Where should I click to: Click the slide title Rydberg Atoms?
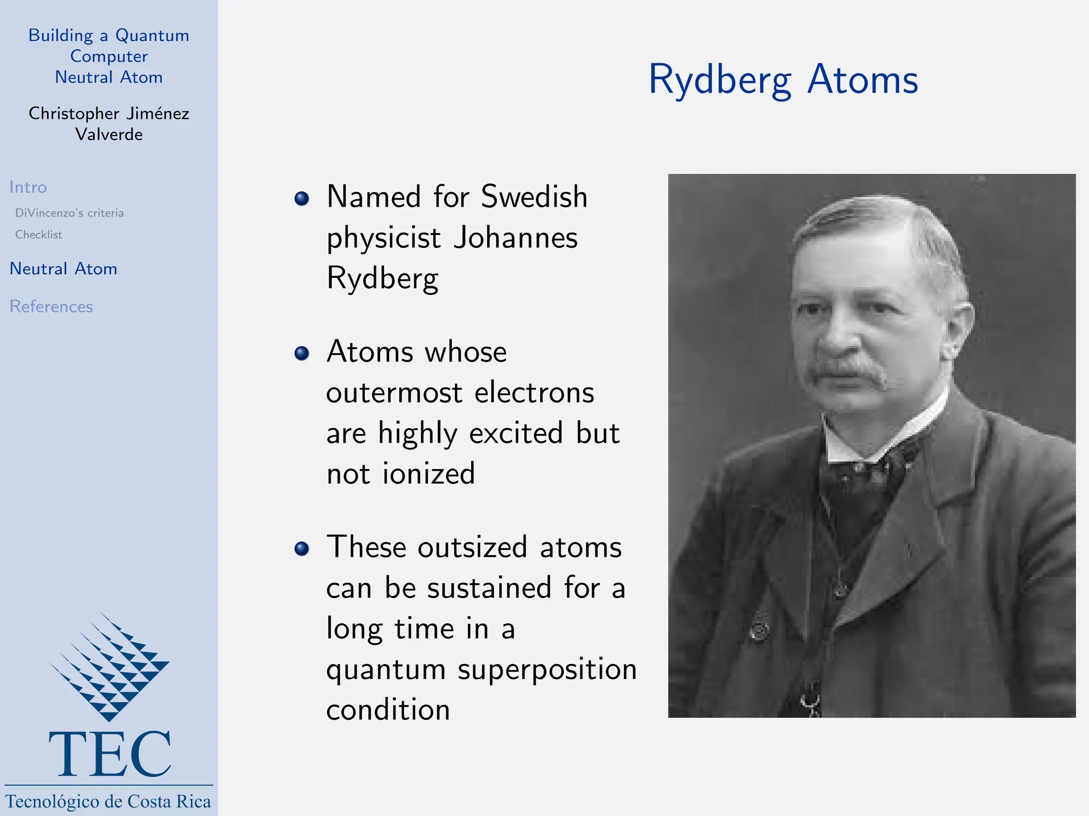[x=783, y=80]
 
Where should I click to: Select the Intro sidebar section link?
[x=28, y=188]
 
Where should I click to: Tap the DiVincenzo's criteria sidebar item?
[x=69, y=213]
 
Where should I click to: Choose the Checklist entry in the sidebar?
[x=38, y=235]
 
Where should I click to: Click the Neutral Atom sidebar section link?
[x=63, y=269]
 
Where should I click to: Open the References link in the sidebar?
[x=51, y=307]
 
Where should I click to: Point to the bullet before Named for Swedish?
[x=301, y=199]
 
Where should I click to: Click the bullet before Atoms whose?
[x=301, y=353]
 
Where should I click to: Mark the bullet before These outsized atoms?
[x=301, y=549]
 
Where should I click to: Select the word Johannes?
[x=515, y=237]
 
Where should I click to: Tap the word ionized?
[x=428, y=473]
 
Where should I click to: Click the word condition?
[x=388, y=710]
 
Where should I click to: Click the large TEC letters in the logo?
[x=110, y=754]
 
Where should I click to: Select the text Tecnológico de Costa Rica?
[x=108, y=801]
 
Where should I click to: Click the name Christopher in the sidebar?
[x=73, y=114]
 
